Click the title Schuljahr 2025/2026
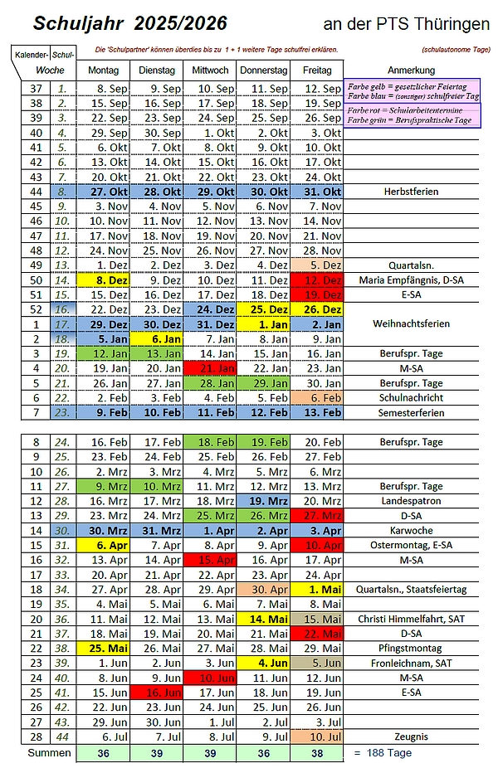[x=116, y=23]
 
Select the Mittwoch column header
[x=210, y=70]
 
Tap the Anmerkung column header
[x=411, y=70]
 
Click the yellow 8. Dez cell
[x=103, y=280]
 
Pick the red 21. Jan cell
[x=210, y=367]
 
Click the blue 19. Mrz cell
[x=263, y=501]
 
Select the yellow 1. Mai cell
[x=316, y=589]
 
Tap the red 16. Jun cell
[x=156, y=691]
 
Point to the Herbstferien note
[x=411, y=192]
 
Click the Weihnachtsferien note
[x=411, y=323]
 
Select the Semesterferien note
[x=411, y=412]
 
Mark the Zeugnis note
[x=411, y=736]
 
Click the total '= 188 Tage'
[x=383, y=752]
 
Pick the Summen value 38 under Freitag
[x=316, y=753]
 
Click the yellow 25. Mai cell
[x=103, y=648]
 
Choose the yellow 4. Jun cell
[x=263, y=663]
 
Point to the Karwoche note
[x=411, y=530]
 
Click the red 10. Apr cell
[x=316, y=545]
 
